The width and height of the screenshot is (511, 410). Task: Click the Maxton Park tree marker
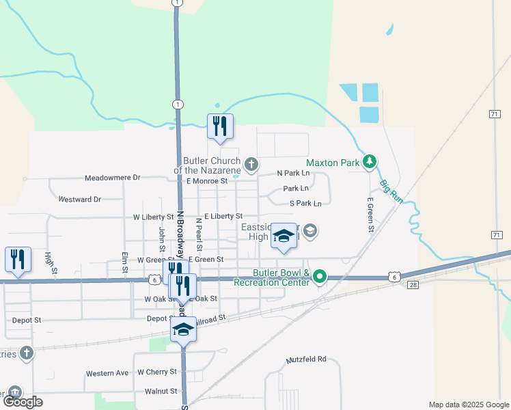370,162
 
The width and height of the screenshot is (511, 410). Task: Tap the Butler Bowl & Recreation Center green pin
318,277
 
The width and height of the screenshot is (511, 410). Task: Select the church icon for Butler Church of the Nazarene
251,163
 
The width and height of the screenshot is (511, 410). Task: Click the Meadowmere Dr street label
112,178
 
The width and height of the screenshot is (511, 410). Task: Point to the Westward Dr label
80,200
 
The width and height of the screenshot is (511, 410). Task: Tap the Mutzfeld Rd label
307,358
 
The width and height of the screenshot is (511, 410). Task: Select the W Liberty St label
154,217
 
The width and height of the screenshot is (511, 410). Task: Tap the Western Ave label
107,374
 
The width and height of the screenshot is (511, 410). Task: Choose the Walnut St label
161,392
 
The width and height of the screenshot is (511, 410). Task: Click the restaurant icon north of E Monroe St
220,126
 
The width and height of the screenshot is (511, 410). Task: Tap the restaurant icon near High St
18,260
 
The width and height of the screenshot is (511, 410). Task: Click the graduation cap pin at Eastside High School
284,236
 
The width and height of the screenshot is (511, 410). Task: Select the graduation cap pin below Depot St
182,329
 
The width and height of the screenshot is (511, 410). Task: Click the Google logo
23,402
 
